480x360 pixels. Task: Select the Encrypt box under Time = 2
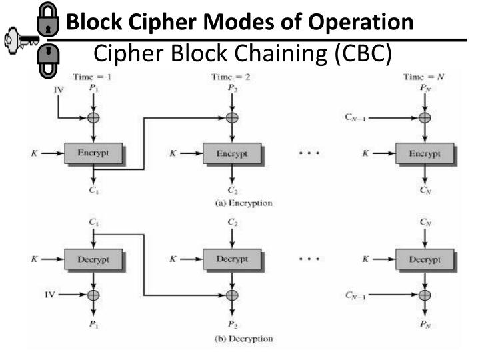[231, 153]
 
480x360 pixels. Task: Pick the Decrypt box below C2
[231, 257]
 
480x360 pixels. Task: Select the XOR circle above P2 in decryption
[231, 294]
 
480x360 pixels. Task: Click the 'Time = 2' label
[231, 77]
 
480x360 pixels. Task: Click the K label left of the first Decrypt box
[33, 257]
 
